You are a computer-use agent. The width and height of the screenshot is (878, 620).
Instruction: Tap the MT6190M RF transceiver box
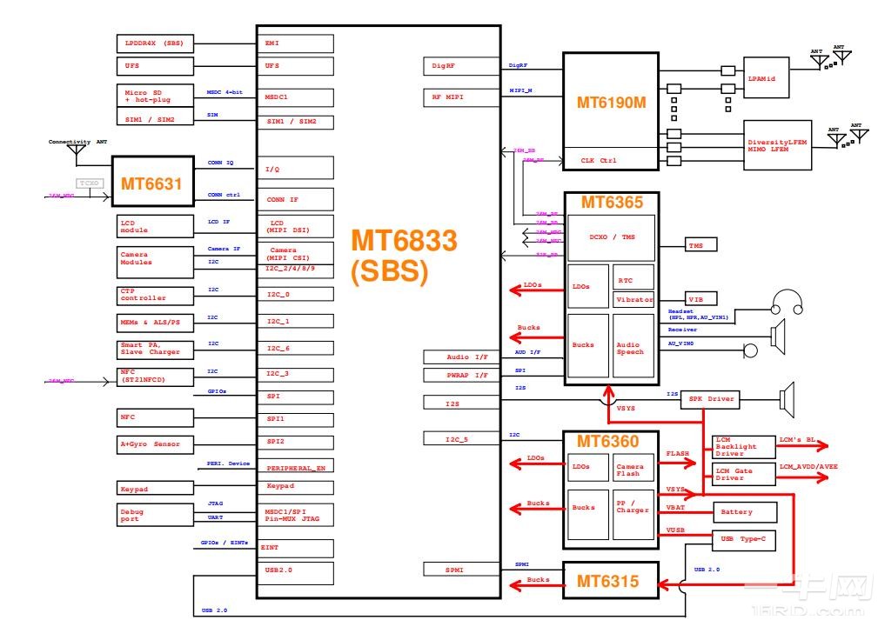(611, 102)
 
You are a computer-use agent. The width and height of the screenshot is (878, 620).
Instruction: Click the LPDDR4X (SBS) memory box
(155, 43)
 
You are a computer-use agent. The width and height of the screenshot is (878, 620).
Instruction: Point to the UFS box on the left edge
(155, 66)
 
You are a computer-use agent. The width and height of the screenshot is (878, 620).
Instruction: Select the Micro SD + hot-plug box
(155, 95)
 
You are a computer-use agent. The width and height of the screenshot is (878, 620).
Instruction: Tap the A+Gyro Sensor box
(155, 443)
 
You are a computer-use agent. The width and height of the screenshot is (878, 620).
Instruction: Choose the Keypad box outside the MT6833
(155, 489)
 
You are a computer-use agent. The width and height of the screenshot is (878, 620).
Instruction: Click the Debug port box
(155, 514)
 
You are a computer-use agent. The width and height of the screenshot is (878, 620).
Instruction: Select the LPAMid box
(766, 77)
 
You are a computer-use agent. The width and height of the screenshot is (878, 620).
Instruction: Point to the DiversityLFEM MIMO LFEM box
(776, 145)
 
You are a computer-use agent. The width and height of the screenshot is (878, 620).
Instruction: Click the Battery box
(743, 511)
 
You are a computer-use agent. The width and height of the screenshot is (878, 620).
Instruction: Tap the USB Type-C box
(743, 539)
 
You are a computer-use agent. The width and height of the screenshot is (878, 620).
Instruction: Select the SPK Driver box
(710, 399)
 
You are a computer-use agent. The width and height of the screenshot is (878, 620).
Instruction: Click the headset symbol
(787, 302)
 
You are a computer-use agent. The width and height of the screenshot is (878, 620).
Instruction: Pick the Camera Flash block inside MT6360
(633, 469)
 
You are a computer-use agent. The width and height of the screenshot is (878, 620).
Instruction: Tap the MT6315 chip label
(610, 581)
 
